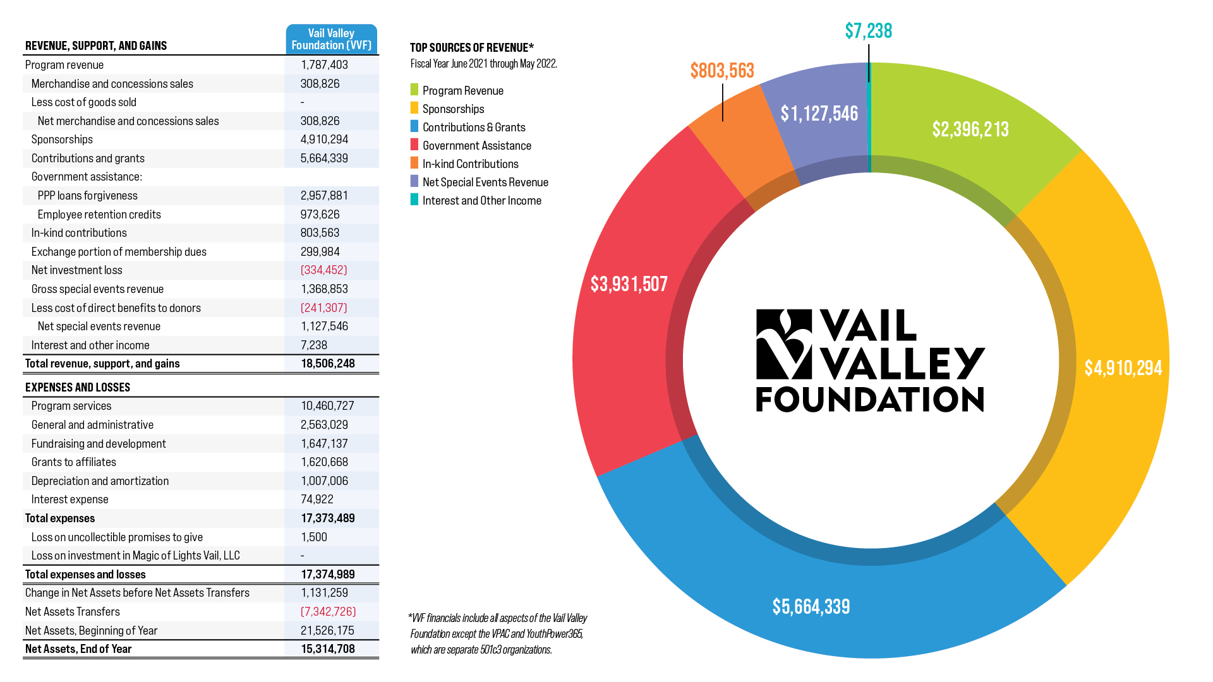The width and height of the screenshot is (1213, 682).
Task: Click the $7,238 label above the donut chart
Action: (868, 31)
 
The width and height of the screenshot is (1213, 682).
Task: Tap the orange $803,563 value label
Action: (722, 71)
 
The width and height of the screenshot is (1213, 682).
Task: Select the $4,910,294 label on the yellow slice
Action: (1123, 368)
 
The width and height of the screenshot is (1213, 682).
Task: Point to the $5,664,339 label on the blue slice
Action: (811, 607)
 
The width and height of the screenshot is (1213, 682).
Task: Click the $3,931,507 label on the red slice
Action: (629, 284)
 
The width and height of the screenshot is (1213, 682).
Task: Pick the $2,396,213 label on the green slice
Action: (970, 129)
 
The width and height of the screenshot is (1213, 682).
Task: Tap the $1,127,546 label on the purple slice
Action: (819, 114)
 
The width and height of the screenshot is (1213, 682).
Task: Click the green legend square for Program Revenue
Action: (414, 90)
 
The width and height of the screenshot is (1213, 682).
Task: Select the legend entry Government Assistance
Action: (476, 146)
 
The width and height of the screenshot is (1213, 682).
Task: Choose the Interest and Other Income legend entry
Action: (481, 201)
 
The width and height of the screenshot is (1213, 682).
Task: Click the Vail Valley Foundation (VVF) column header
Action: (331, 39)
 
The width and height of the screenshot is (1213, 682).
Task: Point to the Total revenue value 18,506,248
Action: (328, 364)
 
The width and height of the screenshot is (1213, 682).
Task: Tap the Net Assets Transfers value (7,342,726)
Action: (328, 612)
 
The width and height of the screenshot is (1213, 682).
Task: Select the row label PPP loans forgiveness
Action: (87, 196)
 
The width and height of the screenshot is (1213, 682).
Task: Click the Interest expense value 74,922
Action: (317, 500)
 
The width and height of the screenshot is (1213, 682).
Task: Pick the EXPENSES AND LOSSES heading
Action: (78, 388)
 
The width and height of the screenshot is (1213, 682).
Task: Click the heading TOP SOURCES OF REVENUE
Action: (471, 48)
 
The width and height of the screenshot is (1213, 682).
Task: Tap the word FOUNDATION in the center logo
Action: (870, 400)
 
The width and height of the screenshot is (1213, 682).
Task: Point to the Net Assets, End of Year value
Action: (328, 649)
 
